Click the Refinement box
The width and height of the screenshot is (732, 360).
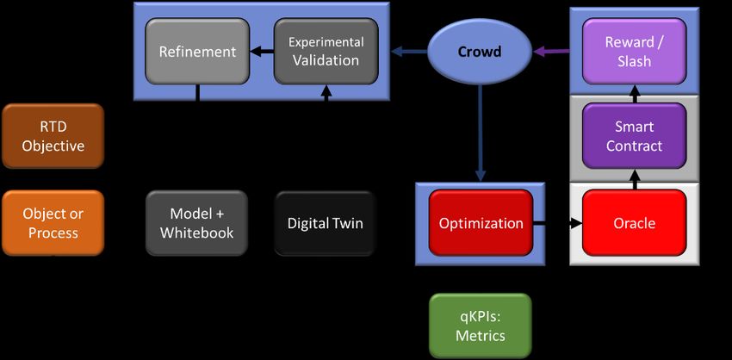pyautogui.click(x=197, y=52)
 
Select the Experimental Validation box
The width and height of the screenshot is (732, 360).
pyautogui.click(x=326, y=52)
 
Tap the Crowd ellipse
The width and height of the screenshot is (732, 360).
pyautogui.click(x=480, y=51)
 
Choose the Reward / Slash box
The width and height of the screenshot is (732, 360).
pyautogui.click(x=634, y=52)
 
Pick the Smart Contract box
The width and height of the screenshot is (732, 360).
pyautogui.click(x=634, y=136)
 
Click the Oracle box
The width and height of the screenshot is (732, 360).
pyautogui.click(x=634, y=223)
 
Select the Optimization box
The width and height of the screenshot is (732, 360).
pyautogui.click(x=481, y=223)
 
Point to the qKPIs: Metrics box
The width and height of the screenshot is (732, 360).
pyautogui.click(x=481, y=326)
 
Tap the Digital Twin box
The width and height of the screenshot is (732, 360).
pyautogui.click(x=325, y=223)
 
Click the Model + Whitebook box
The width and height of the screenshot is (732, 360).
pyautogui.click(x=196, y=223)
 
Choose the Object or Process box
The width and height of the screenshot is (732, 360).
pyautogui.click(x=53, y=223)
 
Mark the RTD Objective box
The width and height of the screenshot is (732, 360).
pyautogui.click(x=53, y=136)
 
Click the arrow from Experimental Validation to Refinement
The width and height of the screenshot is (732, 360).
pyautogui.click(x=262, y=52)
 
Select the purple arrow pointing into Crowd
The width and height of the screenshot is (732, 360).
pyautogui.click(x=551, y=52)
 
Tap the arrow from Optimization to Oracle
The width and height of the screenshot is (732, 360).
pyautogui.click(x=558, y=224)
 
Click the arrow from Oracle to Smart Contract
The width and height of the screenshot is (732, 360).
pyautogui.click(x=634, y=179)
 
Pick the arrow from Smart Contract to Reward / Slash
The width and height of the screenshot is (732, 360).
pyautogui.click(x=634, y=94)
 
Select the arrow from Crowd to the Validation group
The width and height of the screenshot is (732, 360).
pyautogui.click(x=409, y=52)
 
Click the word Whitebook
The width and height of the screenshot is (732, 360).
pyautogui.click(x=196, y=233)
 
